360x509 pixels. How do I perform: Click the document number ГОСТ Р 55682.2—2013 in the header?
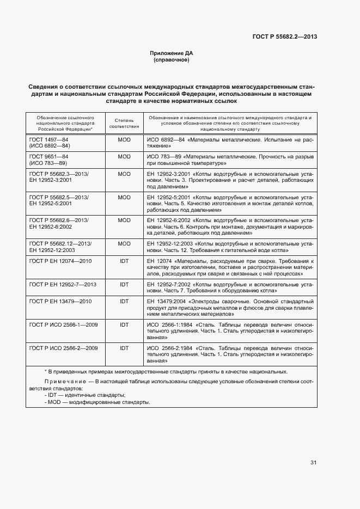285,37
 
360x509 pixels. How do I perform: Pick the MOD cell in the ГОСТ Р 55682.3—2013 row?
124,174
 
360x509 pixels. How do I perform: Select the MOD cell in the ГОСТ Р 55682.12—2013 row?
124,243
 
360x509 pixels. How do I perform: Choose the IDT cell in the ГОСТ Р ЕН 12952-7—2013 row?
124,285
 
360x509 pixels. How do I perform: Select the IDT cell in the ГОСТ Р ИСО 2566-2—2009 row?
124,347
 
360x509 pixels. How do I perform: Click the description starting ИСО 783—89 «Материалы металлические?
230,160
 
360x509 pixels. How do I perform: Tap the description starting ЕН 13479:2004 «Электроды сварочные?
230,308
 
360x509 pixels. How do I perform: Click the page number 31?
313,463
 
